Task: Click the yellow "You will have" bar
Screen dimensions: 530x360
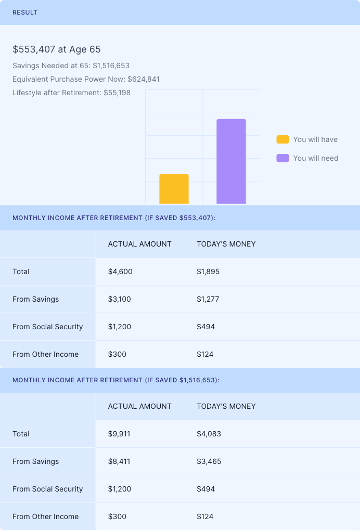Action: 174,189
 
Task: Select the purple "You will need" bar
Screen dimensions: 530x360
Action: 231,161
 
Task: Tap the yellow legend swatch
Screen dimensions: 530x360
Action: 282,139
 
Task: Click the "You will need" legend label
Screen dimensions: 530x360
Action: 315,158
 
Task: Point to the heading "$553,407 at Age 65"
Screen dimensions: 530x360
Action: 57,49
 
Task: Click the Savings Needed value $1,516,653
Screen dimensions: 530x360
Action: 111,66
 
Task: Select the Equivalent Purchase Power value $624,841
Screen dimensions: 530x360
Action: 144,80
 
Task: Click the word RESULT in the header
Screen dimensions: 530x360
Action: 25,12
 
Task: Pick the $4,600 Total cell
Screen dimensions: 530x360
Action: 120,272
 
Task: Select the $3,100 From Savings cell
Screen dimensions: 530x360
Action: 120,299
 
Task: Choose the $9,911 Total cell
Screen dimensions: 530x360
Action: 120,434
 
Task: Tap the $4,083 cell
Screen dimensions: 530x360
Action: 209,434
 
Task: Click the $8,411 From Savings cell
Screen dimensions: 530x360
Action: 120,461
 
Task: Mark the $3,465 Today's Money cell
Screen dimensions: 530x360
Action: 209,461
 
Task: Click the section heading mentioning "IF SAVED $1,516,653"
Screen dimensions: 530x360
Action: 116,380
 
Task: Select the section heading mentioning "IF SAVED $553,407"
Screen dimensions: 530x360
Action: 114,218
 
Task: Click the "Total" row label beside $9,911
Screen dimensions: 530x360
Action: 21,434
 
